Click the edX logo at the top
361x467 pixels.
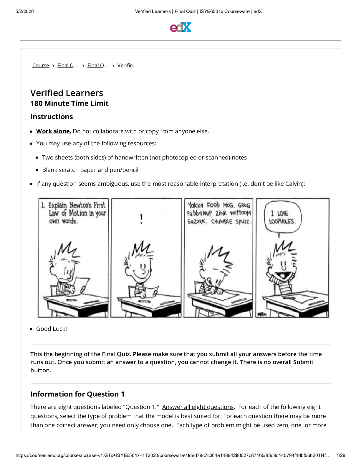(x=180, y=27)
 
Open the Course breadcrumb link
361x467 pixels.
(x=41, y=65)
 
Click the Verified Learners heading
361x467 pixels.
(x=67, y=93)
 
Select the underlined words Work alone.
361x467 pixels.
(x=54, y=131)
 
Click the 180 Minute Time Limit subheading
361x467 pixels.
(x=69, y=103)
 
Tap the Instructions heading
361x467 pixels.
(x=52, y=117)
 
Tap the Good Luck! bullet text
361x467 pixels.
(x=52, y=329)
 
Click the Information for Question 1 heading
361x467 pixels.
(x=77, y=394)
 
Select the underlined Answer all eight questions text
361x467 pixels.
(x=198, y=407)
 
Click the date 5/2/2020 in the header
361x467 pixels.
(x=25, y=11)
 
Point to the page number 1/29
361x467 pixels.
(x=341, y=455)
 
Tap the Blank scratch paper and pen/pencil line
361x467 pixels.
(x=90, y=170)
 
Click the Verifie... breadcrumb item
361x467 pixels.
(x=127, y=65)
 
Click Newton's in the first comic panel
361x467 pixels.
(x=80, y=205)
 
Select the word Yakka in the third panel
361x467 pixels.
(x=196, y=205)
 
